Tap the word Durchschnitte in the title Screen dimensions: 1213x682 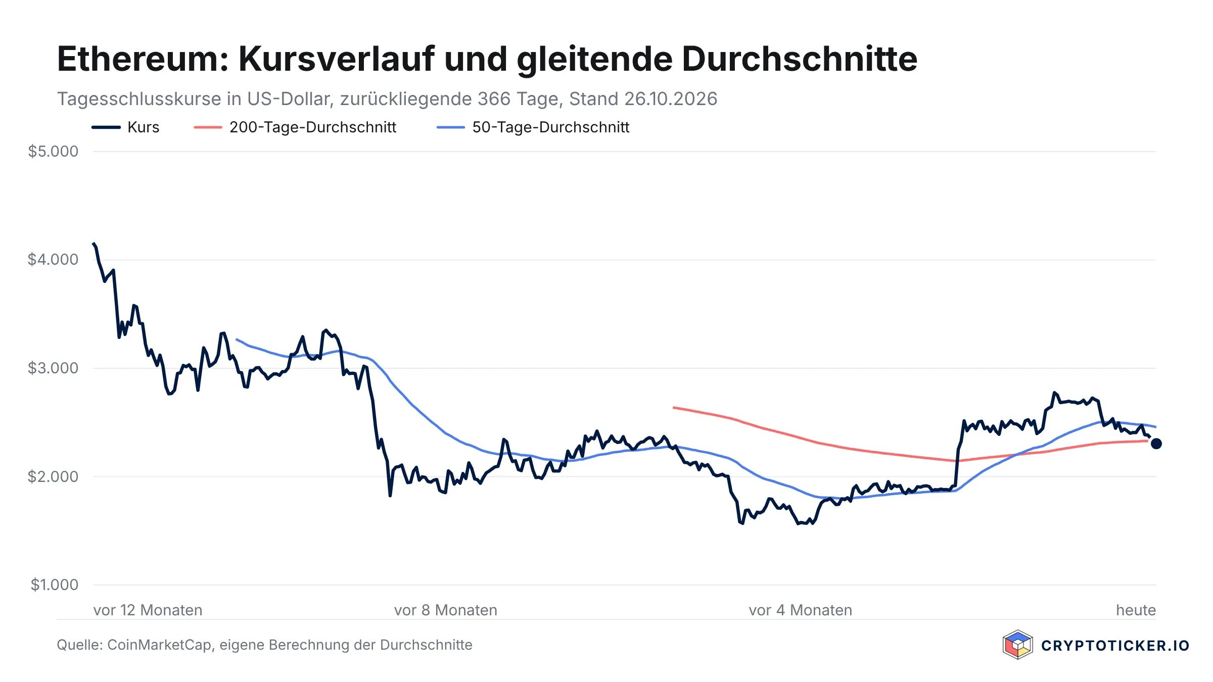[800, 59]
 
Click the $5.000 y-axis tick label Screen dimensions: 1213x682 [53, 151]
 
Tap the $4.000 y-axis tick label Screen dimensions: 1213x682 [53, 260]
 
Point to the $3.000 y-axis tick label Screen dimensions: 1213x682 [53, 368]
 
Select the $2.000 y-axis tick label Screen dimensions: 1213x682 [53, 476]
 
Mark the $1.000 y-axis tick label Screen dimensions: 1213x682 [55, 585]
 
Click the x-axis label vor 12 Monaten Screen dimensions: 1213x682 [148, 610]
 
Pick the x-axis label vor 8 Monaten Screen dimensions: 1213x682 [446, 610]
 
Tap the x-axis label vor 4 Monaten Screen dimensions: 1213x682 [801, 610]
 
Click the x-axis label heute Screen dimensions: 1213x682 [1136, 610]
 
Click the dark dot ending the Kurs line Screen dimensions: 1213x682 [1156, 444]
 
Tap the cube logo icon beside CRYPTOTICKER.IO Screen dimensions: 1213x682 [1017, 645]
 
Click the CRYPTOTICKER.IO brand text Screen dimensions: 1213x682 [1115, 646]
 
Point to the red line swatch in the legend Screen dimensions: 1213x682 [208, 127]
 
